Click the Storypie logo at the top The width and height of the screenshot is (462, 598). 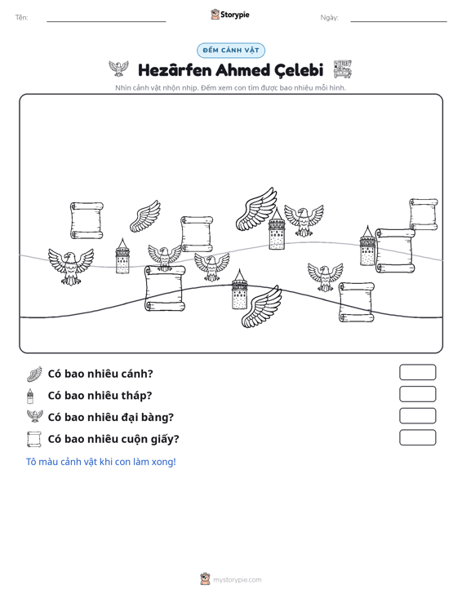pyautogui.click(x=230, y=15)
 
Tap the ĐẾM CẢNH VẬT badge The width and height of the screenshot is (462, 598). pyautogui.click(x=231, y=51)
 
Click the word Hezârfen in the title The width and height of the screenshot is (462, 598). pyautogui.click(x=175, y=70)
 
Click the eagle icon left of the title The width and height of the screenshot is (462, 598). pyautogui.click(x=118, y=69)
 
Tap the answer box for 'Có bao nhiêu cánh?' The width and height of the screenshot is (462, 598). pyautogui.click(x=417, y=372)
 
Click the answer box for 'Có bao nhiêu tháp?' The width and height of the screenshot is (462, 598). pyautogui.click(x=417, y=394)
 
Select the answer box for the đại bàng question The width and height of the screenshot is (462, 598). pyautogui.click(x=417, y=416)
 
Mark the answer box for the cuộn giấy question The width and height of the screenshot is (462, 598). pyautogui.click(x=417, y=437)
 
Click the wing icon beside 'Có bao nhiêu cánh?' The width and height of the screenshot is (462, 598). pyautogui.click(x=34, y=374)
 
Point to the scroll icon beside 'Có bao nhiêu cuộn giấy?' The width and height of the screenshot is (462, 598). pyautogui.click(x=34, y=439)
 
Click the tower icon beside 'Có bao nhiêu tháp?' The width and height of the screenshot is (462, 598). pyautogui.click(x=30, y=396)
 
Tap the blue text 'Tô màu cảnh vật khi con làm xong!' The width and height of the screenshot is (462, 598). pyautogui.click(x=101, y=462)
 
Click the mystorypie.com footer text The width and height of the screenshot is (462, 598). pyautogui.click(x=238, y=580)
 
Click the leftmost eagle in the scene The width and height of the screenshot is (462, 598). pyautogui.click(x=71, y=266)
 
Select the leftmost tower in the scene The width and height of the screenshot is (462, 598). pyautogui.click(x=122, y=256)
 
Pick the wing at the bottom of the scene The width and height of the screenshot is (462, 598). pyautogui.click(x=262, y=306)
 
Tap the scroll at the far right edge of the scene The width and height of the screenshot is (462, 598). pyautogui.click(x=424, y=214)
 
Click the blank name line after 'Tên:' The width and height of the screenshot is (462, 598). pyautogui.click(x=106, y=21)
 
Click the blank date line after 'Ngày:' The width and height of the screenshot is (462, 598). pyautogui.click(x=398, y=21)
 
